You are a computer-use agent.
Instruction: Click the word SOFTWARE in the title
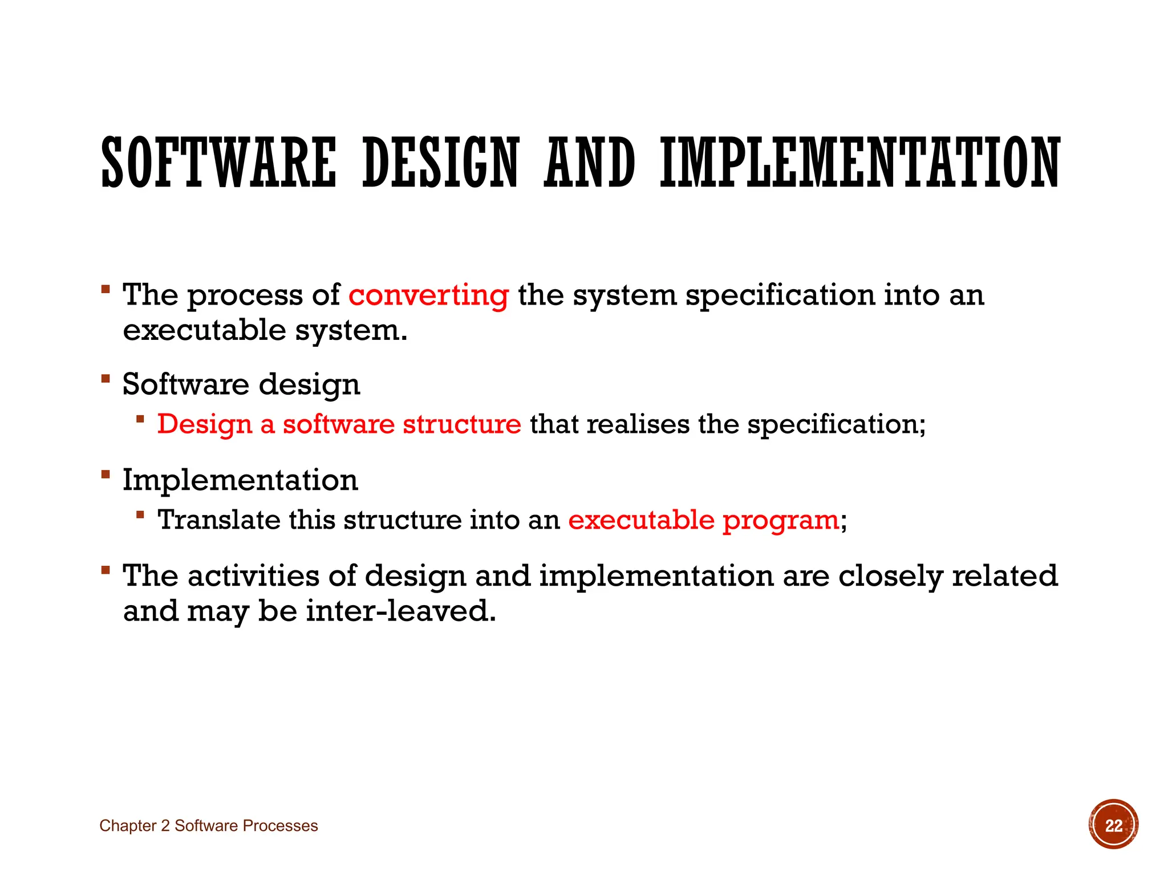[218, 163]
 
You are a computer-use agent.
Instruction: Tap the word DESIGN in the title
[440, 163]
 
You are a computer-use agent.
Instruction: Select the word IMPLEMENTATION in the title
[860, 163]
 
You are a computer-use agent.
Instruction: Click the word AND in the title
[589, 163]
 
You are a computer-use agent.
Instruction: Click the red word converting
[428, 295]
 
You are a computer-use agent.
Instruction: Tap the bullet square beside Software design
[106, 378]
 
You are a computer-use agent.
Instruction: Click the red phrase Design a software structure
[339, 424]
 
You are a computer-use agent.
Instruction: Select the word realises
[638, 424]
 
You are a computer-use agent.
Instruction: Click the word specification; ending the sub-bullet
[836, 424]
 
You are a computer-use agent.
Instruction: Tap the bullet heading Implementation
[240, 480]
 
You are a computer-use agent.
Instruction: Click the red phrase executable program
[703, 520]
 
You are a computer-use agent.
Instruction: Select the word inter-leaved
[400, 611]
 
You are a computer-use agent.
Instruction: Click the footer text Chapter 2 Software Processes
[208, 826]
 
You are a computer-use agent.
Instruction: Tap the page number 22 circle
[1113, 825]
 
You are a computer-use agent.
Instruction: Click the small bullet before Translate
[140, 515]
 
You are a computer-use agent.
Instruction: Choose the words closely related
[947, 575]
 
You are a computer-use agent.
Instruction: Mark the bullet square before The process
[106, 289]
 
